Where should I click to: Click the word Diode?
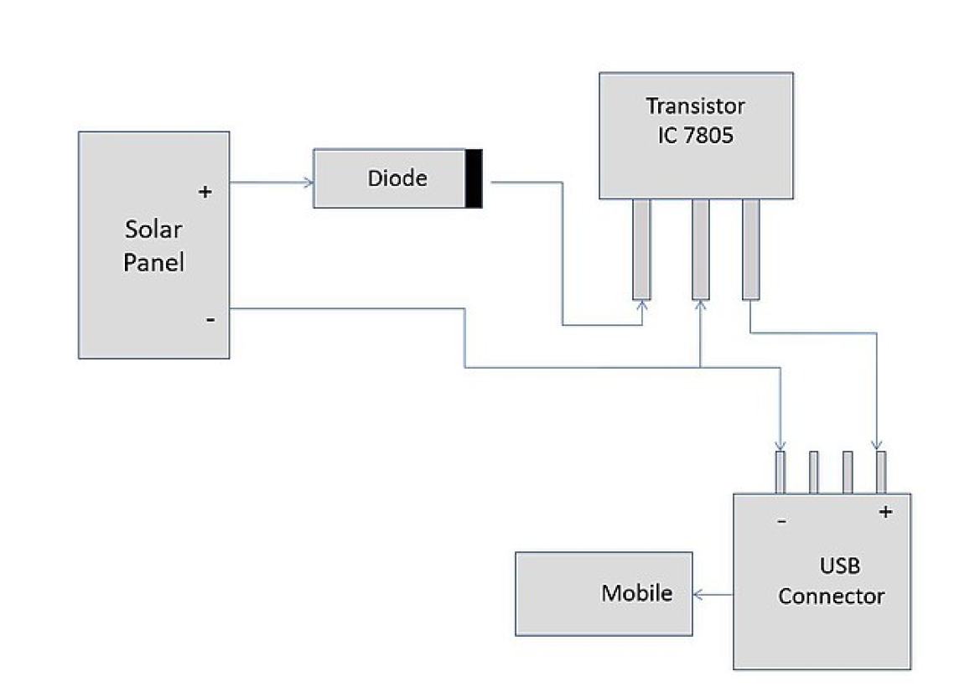click(x=397, y=178)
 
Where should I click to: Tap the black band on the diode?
click(x=474, y=178)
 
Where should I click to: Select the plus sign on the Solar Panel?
click(x=205, y=192)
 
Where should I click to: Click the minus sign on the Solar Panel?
click(x=209, y=320)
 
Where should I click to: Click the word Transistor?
click(x=695, y=106)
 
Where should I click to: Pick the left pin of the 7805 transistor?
click(x=642, y=248)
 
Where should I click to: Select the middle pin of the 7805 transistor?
click(x=700, y=248)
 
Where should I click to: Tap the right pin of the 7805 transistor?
click(x=750, y=248)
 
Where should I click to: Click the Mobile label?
click(x=636, y=593)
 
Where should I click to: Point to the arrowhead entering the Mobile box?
click(x=698, y=595)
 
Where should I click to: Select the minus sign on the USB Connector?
click(x=782, y=521)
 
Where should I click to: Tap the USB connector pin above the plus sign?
click(x=880, y=473)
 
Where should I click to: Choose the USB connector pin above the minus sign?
click(x=781, y=473)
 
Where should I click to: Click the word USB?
click(x=830, y=567)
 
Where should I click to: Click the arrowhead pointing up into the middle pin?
click(x=700, y=306)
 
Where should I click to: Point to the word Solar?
click(x=153, y=230)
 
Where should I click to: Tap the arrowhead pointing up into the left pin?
click(x=642, y=306)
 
